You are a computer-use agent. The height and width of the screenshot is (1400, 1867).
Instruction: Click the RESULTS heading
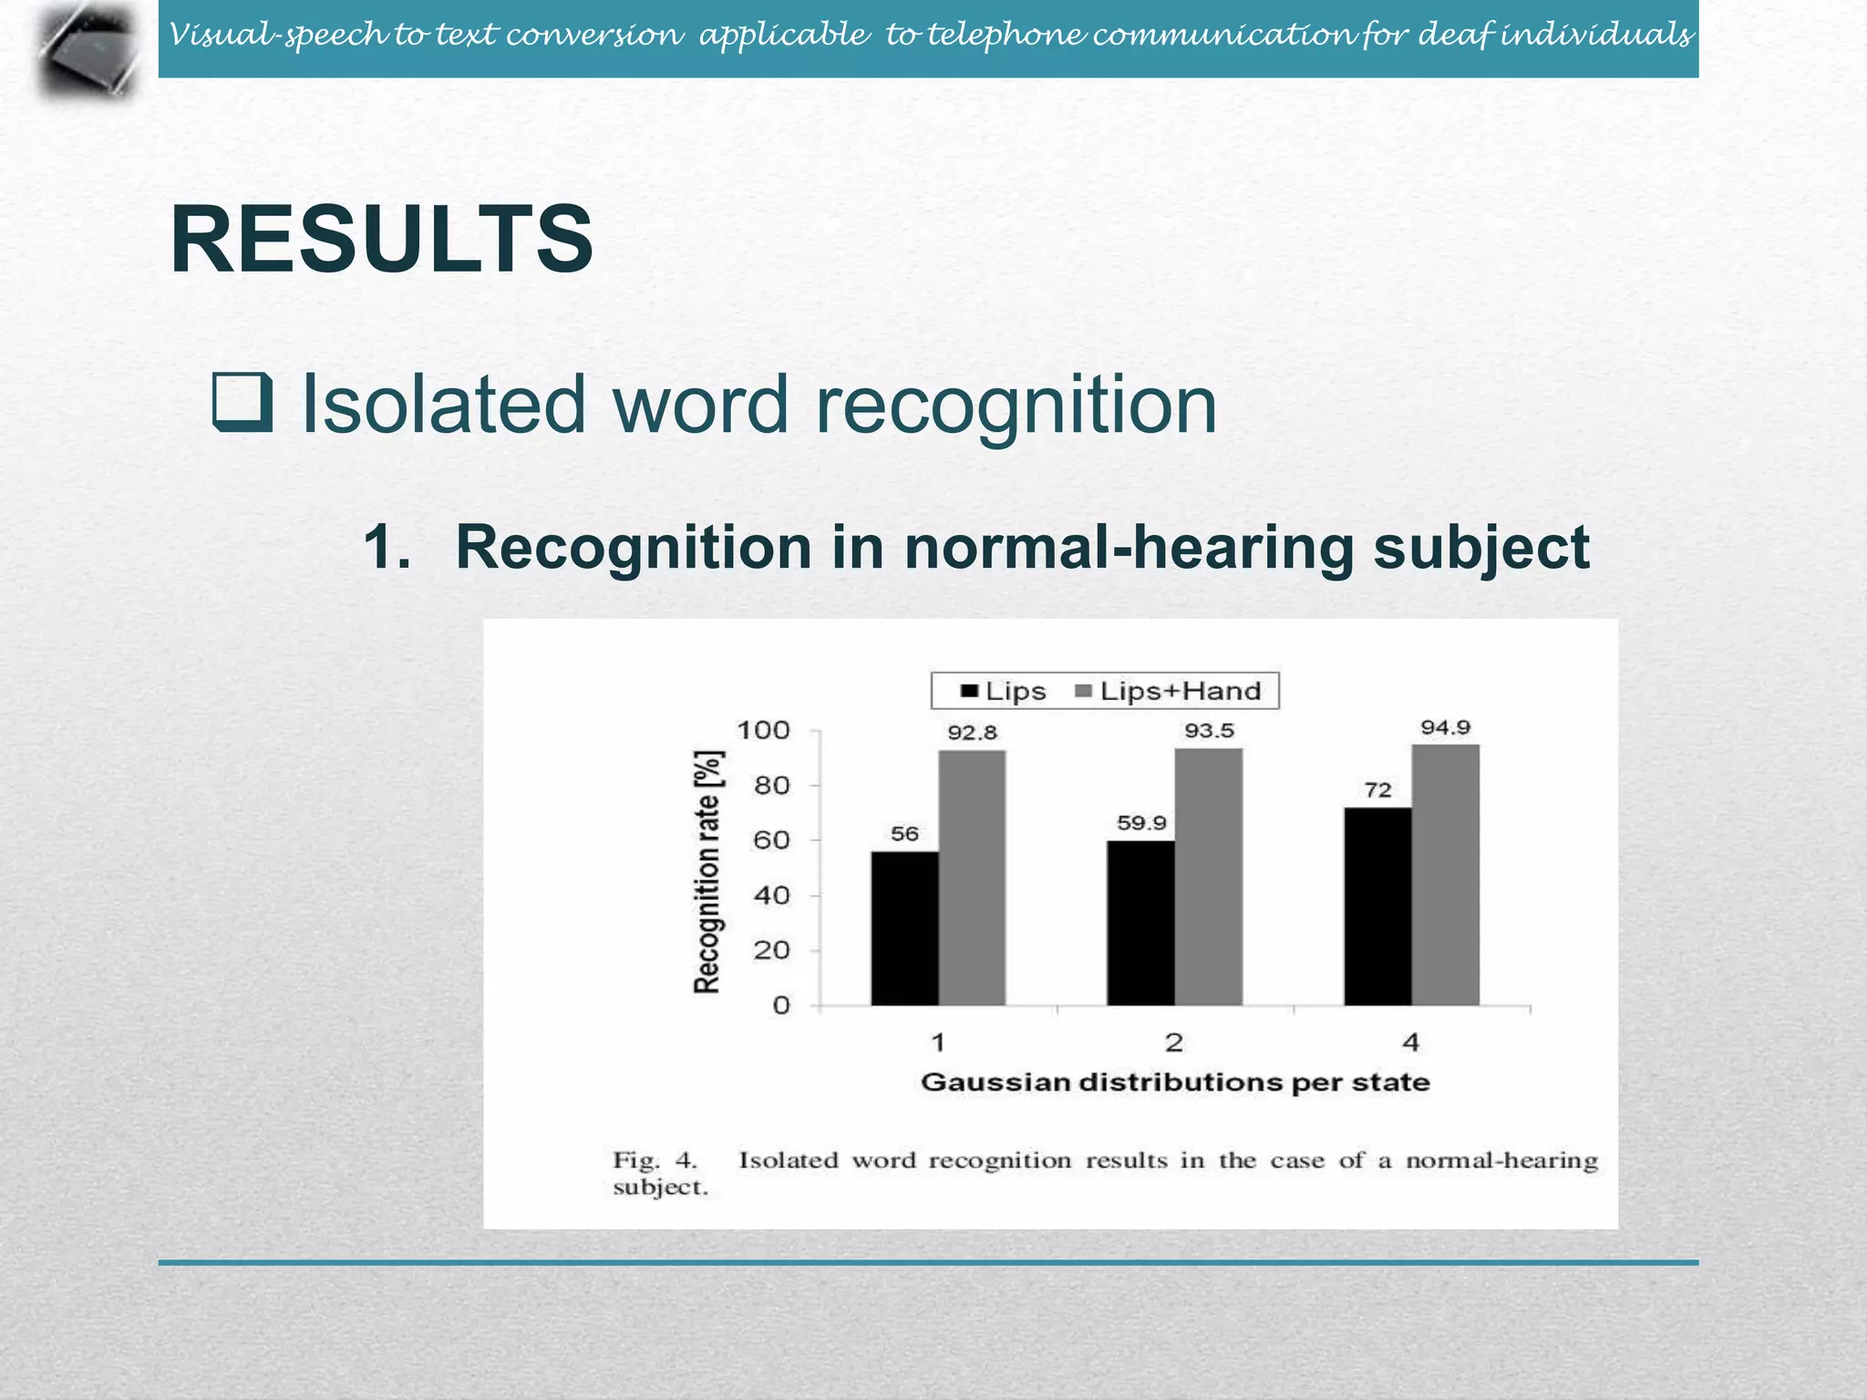[381, 239]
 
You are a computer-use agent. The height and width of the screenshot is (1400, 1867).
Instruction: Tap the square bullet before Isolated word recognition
[242, 403]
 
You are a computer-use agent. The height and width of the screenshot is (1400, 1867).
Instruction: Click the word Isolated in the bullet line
[442, 404]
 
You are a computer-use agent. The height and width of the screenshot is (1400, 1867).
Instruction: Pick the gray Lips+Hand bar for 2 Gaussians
[1208, 877]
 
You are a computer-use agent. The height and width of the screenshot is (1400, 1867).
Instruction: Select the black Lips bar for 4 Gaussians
[1377, 906]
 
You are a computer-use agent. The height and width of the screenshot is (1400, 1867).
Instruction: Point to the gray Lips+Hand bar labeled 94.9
[1445, 875]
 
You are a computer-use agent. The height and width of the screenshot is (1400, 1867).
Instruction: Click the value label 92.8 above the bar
[972, 733]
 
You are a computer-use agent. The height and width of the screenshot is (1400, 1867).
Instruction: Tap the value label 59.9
[1141, 823]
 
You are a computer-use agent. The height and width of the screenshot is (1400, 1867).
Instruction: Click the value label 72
[1377, 790]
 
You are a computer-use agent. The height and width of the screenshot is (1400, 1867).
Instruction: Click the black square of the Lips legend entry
[969, 692]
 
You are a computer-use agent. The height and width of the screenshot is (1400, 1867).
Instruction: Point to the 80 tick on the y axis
[771, 786]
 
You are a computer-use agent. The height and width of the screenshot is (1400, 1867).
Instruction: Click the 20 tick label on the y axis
[771, 951]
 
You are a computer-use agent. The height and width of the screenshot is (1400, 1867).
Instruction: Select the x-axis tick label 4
[1410, 1042]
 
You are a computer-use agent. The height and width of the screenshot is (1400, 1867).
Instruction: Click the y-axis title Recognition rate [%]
[708, 871]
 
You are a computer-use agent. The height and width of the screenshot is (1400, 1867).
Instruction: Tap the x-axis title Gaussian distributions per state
[1175, 1083]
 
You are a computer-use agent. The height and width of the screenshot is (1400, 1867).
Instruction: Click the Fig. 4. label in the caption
[655, 1160]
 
